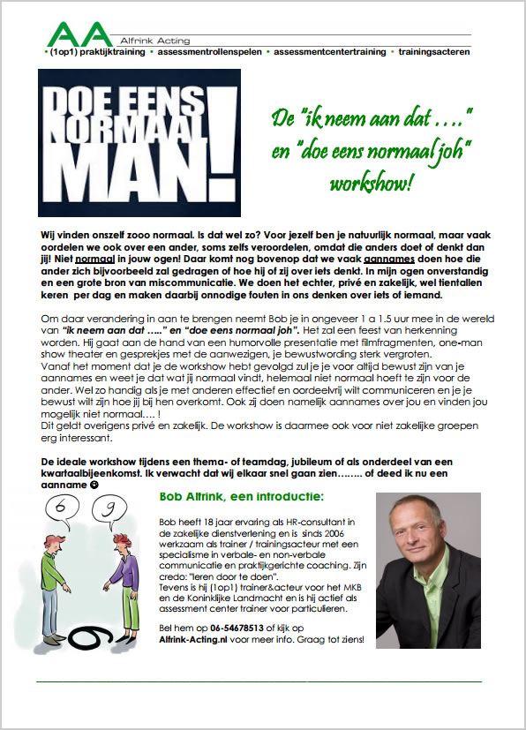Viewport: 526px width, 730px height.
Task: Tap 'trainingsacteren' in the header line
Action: tap(434, 52)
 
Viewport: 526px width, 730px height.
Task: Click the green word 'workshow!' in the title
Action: tap(371, 184)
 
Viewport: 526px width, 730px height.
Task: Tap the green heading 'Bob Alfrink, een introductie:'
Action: tap(232, 496)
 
